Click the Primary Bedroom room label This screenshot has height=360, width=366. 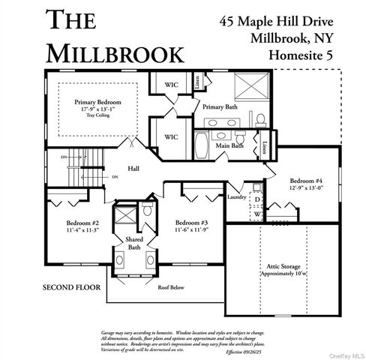point(97,101)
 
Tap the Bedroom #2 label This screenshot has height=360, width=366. point(84,223)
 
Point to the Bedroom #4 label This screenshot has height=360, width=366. point(307,180)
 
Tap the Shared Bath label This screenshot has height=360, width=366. point(133,242)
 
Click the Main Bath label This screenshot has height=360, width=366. point(230,145)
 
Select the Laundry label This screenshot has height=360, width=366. point(236,197)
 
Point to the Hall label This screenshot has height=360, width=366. point(133,169)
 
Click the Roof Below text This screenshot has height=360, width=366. point(170,286)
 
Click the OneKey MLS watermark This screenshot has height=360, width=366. point(343,354)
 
